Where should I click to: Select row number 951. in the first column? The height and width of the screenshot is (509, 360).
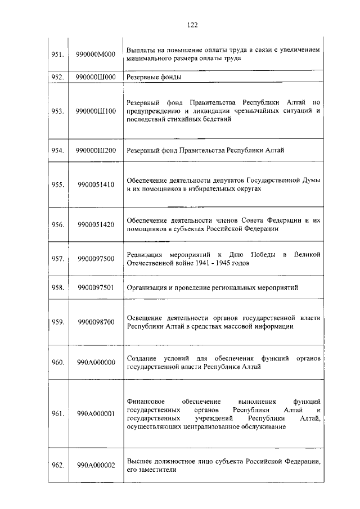(57, 54)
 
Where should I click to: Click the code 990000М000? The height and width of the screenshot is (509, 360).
(96, 54)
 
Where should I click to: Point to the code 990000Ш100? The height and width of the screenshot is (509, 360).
(96, 111)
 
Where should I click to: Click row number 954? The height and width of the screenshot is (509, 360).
(57, 151)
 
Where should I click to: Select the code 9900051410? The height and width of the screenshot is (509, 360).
(96, 184)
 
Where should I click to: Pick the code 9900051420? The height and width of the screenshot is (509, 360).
(96, 224)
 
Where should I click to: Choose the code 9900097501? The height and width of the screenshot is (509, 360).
(96, 287)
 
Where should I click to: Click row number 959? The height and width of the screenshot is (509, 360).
(57, 322)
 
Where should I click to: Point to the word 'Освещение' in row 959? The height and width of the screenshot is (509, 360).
(146, 318)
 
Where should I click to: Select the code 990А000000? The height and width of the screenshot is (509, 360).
(96, 362)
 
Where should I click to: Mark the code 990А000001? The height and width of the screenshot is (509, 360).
(96, 413)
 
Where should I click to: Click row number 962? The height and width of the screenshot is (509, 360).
(57, 465)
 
